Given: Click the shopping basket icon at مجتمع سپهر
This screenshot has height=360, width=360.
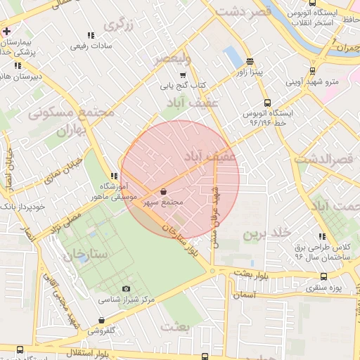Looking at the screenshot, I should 164,191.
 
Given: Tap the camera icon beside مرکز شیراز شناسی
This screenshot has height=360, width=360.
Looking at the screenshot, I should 127,288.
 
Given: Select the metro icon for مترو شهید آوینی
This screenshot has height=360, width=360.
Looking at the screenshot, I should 312,70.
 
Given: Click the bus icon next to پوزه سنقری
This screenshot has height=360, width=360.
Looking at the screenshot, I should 323,276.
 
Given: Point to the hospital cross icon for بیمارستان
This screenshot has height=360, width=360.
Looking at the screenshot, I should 7,32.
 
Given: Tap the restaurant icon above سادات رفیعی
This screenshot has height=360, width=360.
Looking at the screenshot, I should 90,35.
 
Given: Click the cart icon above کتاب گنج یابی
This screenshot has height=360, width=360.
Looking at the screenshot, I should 184,75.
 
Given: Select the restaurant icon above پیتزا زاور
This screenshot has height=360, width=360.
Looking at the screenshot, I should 250,61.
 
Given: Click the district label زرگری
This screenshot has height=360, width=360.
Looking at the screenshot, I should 119,26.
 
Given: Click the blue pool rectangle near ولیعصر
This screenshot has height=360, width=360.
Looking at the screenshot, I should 231,56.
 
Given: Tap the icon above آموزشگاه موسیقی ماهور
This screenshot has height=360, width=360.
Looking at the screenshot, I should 114,176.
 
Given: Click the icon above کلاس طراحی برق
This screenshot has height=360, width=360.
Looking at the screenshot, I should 322,237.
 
